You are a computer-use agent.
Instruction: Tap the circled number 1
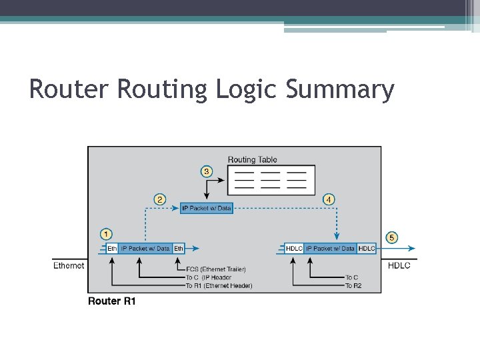[107, 234]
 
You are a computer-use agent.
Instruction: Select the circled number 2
[160, 199]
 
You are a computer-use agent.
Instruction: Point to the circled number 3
[207, 172]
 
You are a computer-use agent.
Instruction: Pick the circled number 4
[329, 199]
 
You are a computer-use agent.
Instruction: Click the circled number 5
[392, 237]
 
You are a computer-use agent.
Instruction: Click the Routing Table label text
[252, 160]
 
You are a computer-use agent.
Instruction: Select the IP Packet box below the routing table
[207, 209]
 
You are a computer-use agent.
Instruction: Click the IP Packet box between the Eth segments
[145, 249]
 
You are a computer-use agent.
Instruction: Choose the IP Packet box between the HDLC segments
[331, 249]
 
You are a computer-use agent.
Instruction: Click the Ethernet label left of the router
[69, 265]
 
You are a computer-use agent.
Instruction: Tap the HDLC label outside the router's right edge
[399, 265]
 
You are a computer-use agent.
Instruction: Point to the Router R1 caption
[112, 301]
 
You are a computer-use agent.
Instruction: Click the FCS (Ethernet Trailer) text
[215, 269]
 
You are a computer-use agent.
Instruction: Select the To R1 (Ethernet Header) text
[219, 286]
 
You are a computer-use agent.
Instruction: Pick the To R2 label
[353, 286]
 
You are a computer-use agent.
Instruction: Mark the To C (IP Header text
[208, 277]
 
